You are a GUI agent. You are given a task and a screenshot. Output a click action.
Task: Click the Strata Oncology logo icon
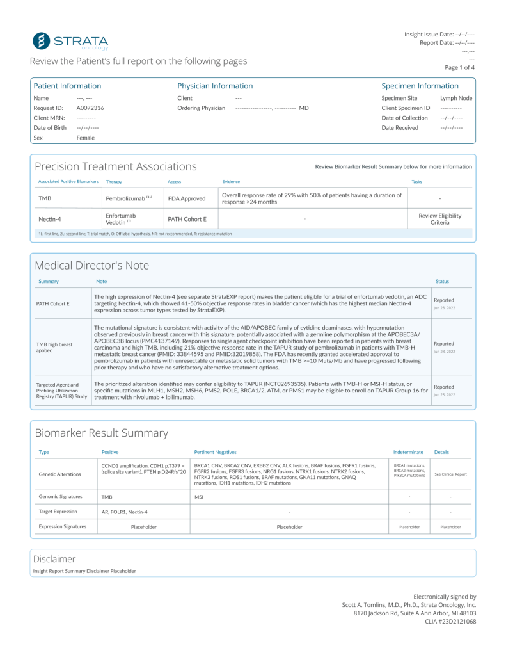click(x=42, y=40)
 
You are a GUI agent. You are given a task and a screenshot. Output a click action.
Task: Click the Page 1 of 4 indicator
click(x=459, y=67)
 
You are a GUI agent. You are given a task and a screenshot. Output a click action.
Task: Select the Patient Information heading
click(x=67, y=86)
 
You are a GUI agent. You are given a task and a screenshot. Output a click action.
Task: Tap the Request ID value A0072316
click(x=90, y=108)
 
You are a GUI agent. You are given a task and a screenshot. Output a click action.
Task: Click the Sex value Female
click(x=85, y=138)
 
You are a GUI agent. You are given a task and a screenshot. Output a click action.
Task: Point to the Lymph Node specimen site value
click(x=456, y=98)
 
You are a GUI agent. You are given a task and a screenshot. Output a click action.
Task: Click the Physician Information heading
click(x=215, y=86)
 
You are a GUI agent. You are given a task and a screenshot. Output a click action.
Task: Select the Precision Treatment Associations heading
click(x=116, y=166)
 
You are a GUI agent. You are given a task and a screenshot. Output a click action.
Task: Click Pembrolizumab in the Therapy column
click(x=126, y=198)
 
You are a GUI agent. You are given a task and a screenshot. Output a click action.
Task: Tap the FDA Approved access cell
click(x=186, y=198)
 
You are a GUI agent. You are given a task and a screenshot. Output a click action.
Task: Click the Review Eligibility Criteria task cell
click(x=439, y=219)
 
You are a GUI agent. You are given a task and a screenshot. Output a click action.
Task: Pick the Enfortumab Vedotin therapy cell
click(x=121, y=219)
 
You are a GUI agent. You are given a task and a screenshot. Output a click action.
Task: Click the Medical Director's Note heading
click(x=91, y=265)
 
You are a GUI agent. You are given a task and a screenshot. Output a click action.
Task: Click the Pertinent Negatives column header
click(x=215, y=452)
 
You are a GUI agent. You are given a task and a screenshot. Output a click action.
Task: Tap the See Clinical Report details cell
click(x=451, y=474)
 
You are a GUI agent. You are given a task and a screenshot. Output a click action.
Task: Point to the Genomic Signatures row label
click(x=60, y=496)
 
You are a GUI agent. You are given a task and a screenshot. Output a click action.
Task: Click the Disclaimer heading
click(x=54, y=558)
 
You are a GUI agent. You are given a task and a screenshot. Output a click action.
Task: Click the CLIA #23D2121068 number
click(x=450, y=621)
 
